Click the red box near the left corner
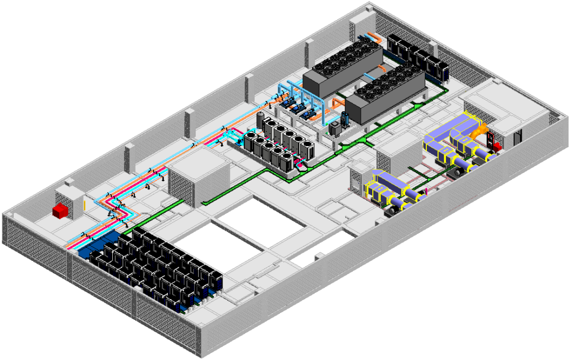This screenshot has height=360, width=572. pos(61,211)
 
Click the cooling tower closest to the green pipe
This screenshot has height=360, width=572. pos(386,95)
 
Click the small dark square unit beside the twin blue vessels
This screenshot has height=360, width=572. pos(335,129)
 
